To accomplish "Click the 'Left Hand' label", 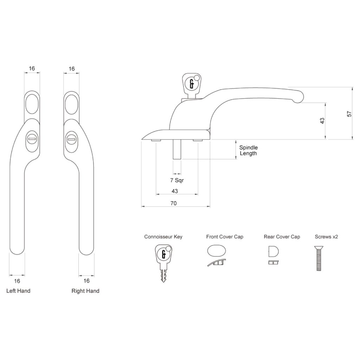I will pyautogui.click(x=18, y=291).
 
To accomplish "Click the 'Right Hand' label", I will pyautogui.click(x=85, y=291).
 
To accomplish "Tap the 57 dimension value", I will pyautogui.click(x=349, y=114).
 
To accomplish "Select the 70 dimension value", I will pyautogui.click(x=173, y=203).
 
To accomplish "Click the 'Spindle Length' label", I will pyautogui.click(x=248, y=150).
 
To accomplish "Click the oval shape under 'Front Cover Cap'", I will pyautogui.click(x=217, y=252).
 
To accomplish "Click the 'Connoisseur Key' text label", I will pyautogui.click(x=163, y=237).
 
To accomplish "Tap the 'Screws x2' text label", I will pyautogui.click(x=326, y=237).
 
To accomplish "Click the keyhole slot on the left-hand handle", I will pyautogui.click(x=31, y=140).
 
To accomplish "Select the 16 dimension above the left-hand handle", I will pyautogui.click(x=32, y=69).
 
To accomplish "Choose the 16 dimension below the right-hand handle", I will pyautogui.click(x=87, y=281).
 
